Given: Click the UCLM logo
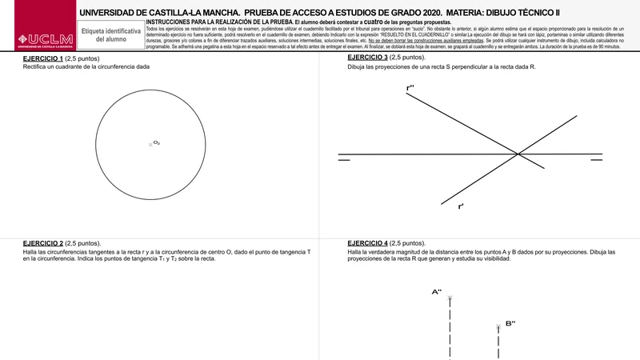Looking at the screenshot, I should (x=38, y=39).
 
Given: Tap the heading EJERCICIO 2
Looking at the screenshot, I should (x=43, y=242).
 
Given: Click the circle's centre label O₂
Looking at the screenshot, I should (x=156, y=142).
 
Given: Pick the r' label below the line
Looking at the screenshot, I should (x=461, y=207).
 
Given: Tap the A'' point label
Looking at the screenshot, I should (x=437, y=292).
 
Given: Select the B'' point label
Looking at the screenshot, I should (x=510, y=322).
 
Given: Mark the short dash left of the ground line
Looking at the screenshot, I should (x=344, y=159).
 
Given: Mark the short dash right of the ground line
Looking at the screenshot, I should (x=596, y=159).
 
